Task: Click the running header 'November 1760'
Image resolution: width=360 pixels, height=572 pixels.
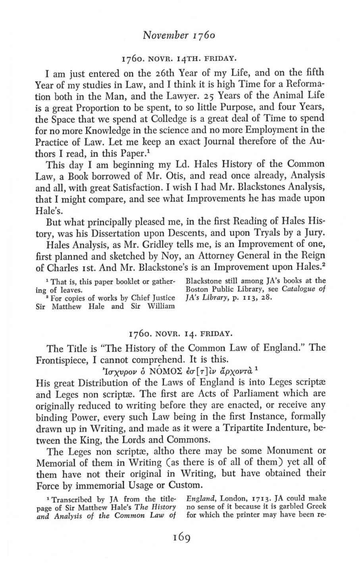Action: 180,40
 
